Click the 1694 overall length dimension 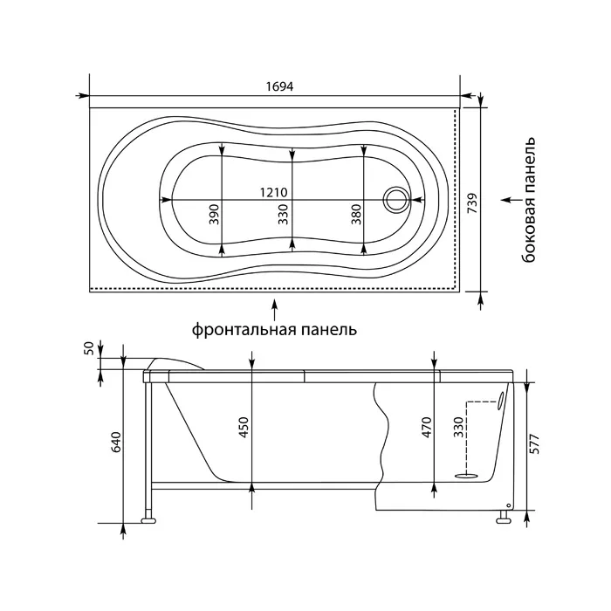[x=279, y=86]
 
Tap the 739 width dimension [x=472, y=203]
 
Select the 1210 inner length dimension [x=274, y=192]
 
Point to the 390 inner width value [x=215, y=215]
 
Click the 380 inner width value [x=356, y=215]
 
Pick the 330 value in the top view [x=284, y=215]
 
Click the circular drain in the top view [x=396, y=200]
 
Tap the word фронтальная [x=241, y=330]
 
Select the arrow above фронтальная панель [x=275, y=310]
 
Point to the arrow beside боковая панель [x=511, y=200]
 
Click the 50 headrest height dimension [x=89, y=347]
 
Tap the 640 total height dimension [x=117, y=442]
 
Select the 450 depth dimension [x=244, y=428]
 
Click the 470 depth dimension [x=427, y=428]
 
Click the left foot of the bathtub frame [x=148, y=520]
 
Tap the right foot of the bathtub [x=503, y=517]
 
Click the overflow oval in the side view [x=500, y=401]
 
